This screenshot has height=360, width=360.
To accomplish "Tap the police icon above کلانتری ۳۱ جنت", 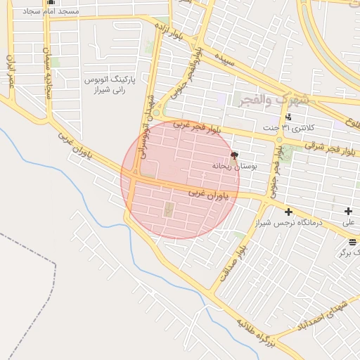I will (288, 117).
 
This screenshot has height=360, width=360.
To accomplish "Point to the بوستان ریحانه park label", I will (233, 166).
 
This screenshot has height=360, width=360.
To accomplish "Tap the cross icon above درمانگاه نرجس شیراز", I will (288, 212).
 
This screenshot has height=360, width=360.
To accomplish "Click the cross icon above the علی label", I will (349, 212).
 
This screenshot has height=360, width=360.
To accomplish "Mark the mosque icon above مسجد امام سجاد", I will (50, 2).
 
